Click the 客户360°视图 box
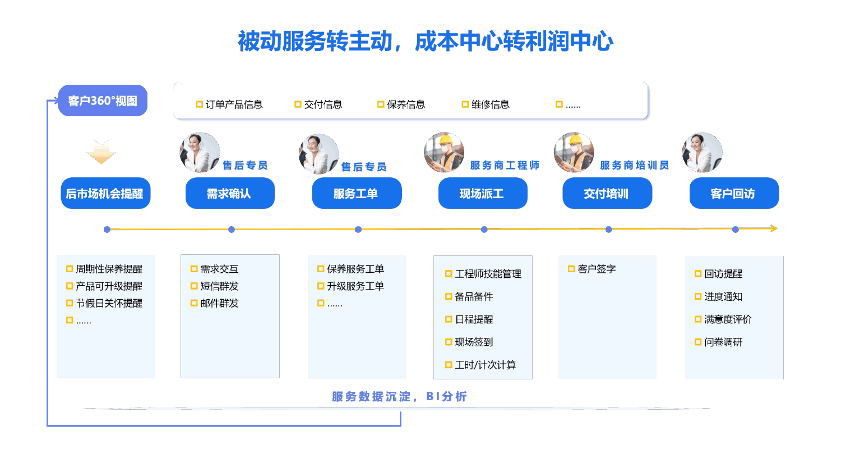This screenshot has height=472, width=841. coord(103,101)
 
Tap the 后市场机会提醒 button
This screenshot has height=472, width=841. coord(105,194)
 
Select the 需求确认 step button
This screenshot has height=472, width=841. coord(230,194)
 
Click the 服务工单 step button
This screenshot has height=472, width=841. coord(357,194)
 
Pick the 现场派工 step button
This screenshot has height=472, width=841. coord(483,194)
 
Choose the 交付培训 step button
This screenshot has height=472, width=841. coord(607,194)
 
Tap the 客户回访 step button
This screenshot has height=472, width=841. coord(734,194)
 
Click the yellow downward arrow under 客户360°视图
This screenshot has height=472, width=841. coord(101,152)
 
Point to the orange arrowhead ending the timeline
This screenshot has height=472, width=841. coord(774,228)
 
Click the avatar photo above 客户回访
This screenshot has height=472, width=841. coord(702,153)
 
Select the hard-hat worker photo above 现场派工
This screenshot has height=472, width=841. coord(444,153)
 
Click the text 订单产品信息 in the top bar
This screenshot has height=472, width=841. coord(234,104)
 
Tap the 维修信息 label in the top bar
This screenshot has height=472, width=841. coord(490,104)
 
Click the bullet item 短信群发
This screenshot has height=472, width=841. coord(219,286)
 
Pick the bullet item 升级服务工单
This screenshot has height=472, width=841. coord(355,286)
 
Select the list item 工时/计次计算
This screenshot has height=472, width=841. coord(485,365)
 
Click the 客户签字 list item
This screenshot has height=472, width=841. coord(597,269)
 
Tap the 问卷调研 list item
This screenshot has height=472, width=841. coord(723,342)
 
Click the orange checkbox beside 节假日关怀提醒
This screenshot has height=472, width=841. coord(70,303)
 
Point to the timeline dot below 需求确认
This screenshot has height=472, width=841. coord(232,230)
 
